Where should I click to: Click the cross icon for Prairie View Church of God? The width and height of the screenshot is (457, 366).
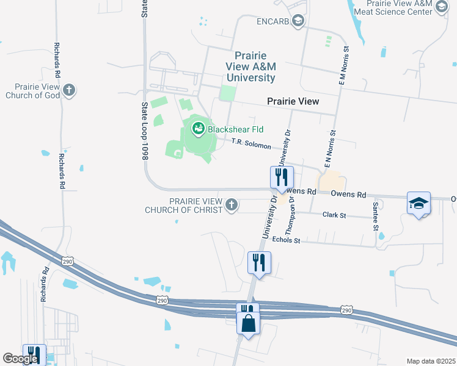[x=69, y=90]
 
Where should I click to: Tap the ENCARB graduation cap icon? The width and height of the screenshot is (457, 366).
[x=298, y=21]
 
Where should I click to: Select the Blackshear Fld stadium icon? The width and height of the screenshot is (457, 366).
[x=198, y=128]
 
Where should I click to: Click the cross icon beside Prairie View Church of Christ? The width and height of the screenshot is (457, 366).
[x=232, y=204]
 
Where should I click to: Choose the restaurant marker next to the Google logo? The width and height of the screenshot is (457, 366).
[x=34, y=354]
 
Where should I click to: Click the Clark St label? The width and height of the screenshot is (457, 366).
[x=334, y=215]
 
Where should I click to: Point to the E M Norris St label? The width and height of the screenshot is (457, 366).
[x=342, y=66]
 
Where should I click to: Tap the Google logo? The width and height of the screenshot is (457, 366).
[x=20, y=359]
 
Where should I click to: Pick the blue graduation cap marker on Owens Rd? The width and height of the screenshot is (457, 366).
[x=419, y=204]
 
